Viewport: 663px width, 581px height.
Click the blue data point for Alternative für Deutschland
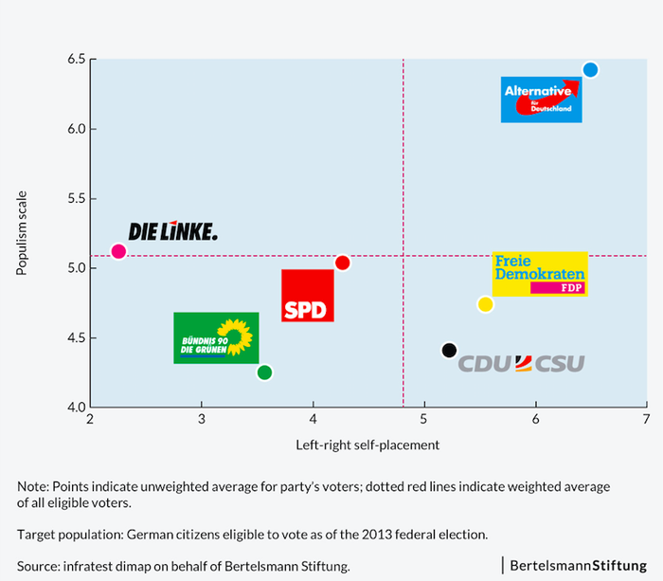click(590, 69)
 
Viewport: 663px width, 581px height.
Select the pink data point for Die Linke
click(118, 251)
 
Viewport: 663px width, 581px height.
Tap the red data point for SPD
click(343, 263)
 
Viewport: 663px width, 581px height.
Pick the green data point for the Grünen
click(264, 372)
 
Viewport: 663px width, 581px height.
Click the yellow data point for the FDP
click(485, 304)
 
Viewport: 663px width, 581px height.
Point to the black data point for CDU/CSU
click(449, 351)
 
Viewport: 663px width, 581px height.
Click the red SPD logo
click(308, 296)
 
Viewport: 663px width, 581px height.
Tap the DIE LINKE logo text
click(172, 231)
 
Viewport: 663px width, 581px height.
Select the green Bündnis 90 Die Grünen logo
click(216, 337)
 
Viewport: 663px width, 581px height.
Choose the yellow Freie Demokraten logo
click(540, 274)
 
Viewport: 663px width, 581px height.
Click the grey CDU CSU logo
click(521, 364)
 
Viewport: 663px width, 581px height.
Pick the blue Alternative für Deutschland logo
click(541, 100)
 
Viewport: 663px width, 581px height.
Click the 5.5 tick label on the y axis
click(74, 199)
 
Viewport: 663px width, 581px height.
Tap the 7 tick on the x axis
click(646, 419)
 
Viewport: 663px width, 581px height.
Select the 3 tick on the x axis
click(202, 419)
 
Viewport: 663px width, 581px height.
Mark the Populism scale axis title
click(21, 232)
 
